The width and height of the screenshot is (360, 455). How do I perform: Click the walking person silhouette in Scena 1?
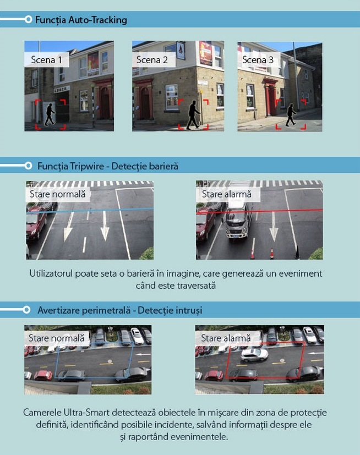pyautogui.click(x=50, y=114)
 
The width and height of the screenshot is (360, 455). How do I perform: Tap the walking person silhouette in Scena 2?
pyautogui.click(x=193, y=115)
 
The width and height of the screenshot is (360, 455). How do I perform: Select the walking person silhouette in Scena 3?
pyautogui.click(x=291, y=115)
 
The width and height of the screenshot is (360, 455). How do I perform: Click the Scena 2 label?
pyautogui.click(x=152, y=60)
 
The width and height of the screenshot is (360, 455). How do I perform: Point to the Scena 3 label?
pyautogui.click(x=258, y=60)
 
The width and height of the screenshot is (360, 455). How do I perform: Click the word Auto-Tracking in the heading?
pyautogui.click(x=98, y=20)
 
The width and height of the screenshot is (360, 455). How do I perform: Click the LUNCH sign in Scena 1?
pyautogui.click(x=62, y=89)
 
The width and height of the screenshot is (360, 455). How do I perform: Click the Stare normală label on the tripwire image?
pyautogui.click(x=57, y=194)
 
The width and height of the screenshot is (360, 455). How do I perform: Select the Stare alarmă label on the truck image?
pyautogui.click(x=227, y=194)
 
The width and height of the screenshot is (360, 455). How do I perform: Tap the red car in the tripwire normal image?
pyautogui.click(x=35, y=222)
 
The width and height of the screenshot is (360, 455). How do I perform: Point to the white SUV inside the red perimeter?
pyautogui.click(x=254, y=355)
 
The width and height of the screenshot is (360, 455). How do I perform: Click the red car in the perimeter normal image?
pyautogui.click(x=43, y=375)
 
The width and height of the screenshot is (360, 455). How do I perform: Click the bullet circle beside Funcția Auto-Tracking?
pyautogui.click(x=28, y=19)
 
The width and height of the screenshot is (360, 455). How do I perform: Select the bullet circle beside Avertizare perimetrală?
pyautogui.click(x=26, y=310)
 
